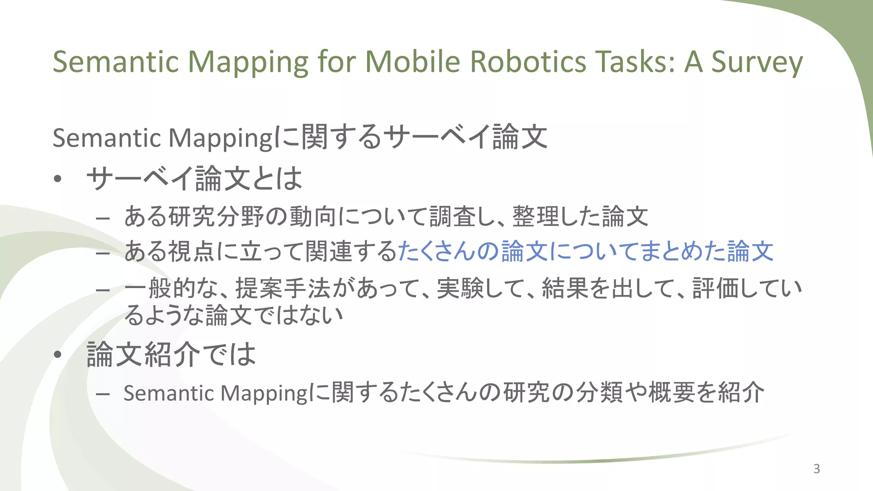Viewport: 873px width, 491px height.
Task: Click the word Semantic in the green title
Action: [116, 62]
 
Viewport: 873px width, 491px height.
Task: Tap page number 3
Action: [816, 469]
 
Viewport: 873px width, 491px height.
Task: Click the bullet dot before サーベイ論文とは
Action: [58, 179]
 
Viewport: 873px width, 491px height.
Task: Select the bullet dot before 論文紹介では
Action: [58, 355]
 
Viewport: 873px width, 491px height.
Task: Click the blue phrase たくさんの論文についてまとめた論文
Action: [585, 251]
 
